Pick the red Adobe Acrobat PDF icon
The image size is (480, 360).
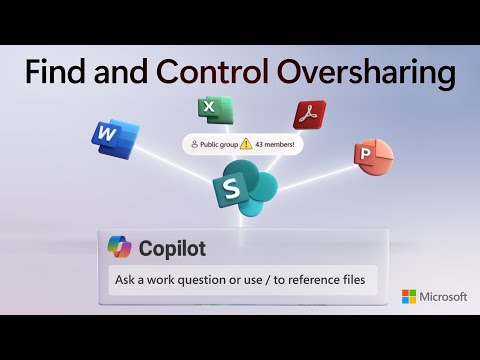click(309, 115)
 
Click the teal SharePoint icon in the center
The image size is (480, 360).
click(237, 189)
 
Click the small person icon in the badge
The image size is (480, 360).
click(194, 144)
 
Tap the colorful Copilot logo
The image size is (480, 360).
click(121, 247)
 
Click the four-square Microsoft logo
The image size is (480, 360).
click(408, 297)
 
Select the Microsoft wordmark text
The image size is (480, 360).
click(443, 297)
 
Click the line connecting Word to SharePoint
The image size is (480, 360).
click(160, 158)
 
